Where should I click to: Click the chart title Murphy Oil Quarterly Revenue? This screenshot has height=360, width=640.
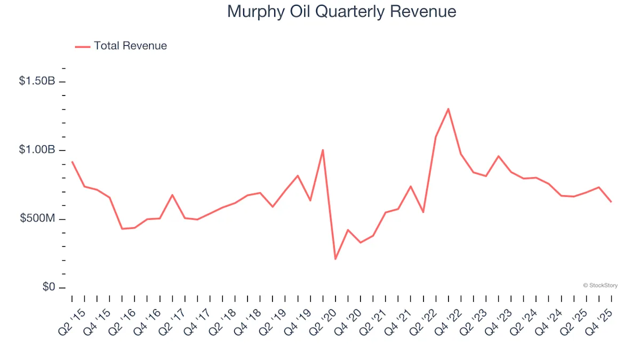click(x=341, y=12)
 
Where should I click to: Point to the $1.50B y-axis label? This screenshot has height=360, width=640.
click(x=37, y=81)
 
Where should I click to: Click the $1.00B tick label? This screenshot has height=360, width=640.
click(x=37, y=150)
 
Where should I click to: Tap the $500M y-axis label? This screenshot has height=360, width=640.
click(x=38, y=219)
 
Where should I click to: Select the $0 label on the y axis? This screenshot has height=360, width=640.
click(x=50, y=287)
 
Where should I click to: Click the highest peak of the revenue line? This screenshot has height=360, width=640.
click(x=448, y=109)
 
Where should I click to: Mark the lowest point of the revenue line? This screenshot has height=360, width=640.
click(x=335, y=259)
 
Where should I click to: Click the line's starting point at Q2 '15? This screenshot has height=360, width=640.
click(x=72, y=162)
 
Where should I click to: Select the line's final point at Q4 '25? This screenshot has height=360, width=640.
click(x=611, y=202)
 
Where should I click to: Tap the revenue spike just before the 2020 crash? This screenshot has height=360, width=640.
click(x=323, y=150)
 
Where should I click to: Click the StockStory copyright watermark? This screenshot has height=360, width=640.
click(x=600, y=285)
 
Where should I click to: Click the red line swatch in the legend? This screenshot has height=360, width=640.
click(x=83, y=46)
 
